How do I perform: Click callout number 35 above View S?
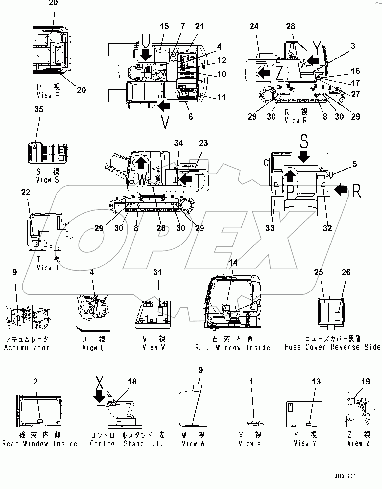(38, 109)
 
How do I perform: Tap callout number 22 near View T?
(26, 192)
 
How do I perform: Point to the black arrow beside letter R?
(341, 190)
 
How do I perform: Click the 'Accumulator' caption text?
(27, 348)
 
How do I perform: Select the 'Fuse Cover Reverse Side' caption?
(332, 347)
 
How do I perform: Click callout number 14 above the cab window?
(233, 263)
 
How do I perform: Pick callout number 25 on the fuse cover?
(319, 272)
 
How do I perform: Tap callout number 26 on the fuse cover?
(346, 272)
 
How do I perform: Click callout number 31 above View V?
(157, 272)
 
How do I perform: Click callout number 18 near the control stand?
(132, 382)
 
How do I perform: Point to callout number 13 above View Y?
(316, 382)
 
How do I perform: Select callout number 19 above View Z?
(366, 382)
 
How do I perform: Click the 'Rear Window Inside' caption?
(39, 444)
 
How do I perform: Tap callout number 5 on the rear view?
(354, 164)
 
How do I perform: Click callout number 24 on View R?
(254, 26)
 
